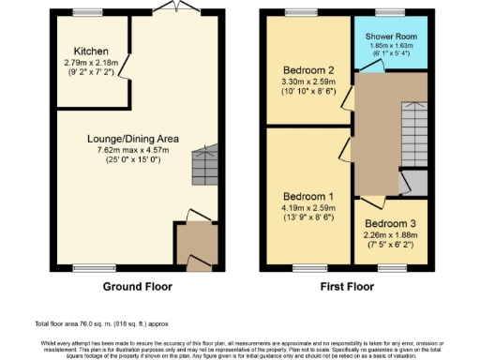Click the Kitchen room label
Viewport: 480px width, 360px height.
pyautogui.click(x=92, y=51)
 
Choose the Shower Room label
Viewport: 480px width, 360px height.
pyautogui.click(x=391, y=36)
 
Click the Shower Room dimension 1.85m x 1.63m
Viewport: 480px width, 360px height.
pyautogui.click(x=391, y=46)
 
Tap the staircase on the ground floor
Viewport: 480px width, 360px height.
pyautogui.click(x=204, y=167)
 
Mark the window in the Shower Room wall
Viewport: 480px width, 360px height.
pyautogui.click(x=390, y=13)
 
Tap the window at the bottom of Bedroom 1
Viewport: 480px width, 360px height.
pyautogui.click(x=307, y=269)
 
